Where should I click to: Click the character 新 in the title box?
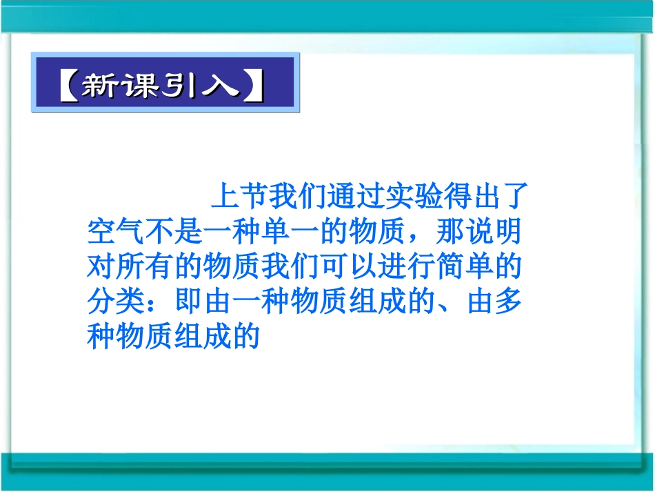click(101, 86)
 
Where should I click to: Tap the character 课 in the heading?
click(141, 86)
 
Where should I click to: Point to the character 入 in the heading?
click(221, 86)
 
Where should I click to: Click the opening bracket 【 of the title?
click(67, 86)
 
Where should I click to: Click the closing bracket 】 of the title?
click(253, 86)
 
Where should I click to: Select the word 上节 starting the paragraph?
click(238, 196)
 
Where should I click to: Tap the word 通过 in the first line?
click(354, 196)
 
